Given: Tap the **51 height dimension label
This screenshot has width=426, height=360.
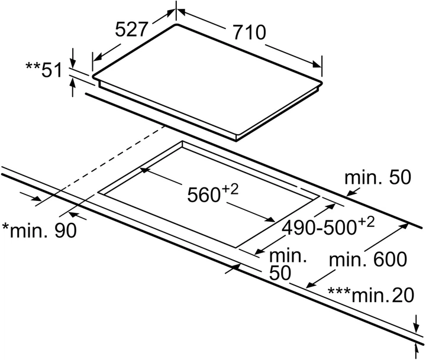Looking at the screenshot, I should pyautogui.click(x=44, y=70).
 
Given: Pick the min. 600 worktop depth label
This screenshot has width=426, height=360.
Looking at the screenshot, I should pyautogui.click(x=369, y=260).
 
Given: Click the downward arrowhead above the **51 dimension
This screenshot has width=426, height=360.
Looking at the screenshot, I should pyautogui.click(x=73, y=63).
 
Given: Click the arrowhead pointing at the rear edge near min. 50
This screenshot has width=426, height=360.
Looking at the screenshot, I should pyautogui.click(x=350, y=193).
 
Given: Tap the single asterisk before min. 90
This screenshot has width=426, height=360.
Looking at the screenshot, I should pyautogui.click(x=6, y=228).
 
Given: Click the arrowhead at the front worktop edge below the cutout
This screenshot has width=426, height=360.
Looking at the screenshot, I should pyautogui.click(x=236, y=268).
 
